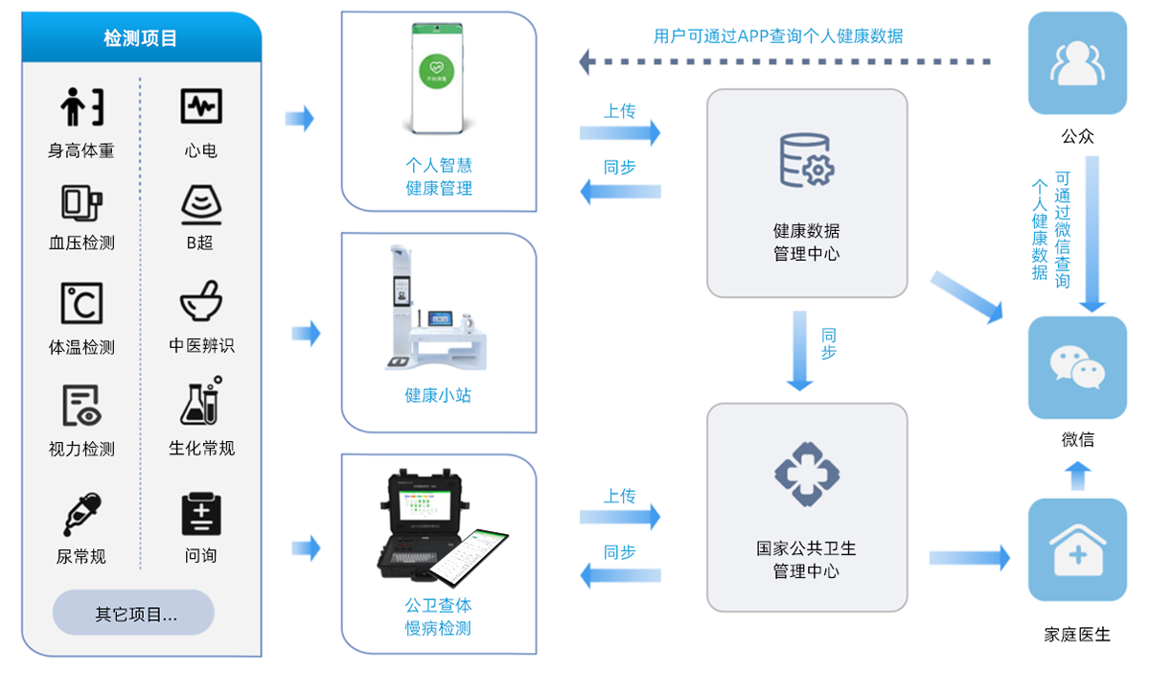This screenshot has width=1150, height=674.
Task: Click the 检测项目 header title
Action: tap(141, 38)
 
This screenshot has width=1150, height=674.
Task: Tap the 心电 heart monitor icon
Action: tap(201, 105)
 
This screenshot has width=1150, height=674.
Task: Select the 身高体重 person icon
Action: tap(81, 106)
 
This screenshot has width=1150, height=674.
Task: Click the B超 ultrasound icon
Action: tap(201, 205)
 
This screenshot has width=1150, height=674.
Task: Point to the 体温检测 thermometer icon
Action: tap(81, 303)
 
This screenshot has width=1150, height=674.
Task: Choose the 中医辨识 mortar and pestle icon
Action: tap(201, 302)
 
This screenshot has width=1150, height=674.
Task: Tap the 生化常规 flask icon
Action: tap(201, 402)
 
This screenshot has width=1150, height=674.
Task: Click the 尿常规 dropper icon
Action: tap(81, 514)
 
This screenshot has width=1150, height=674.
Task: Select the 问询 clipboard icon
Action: tap(201, 514)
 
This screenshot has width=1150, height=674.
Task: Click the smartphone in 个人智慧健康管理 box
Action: tap(439, 78)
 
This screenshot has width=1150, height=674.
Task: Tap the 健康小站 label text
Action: tap(438, 395)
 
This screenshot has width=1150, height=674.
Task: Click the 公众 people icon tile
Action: tap(1077, 63)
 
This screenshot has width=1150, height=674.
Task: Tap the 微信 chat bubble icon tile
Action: tap(1077, 367)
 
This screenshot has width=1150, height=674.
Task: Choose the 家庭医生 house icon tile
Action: tap(1077, 549)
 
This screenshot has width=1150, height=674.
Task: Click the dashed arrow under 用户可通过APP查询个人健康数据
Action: tap(786, 62)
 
